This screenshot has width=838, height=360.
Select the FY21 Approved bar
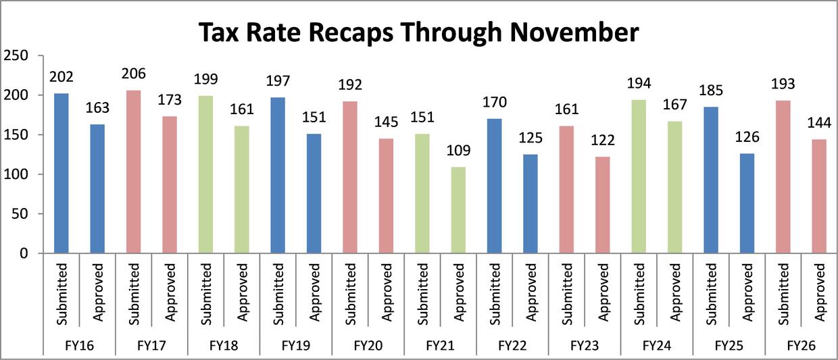click(458, 210)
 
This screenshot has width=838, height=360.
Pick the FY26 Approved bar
click(818, 197)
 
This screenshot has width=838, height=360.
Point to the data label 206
click(133, 74)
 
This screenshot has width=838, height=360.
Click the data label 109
click(458, 151)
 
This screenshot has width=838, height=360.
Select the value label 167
click(674, 105)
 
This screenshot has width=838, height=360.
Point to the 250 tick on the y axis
click(17, 55)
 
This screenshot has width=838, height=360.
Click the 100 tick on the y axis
click(17, 174)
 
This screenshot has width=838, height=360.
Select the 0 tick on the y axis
click(23, 254)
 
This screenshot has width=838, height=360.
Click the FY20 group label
click(368, 345)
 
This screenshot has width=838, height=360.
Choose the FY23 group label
click(585, 345)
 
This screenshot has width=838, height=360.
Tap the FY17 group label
click(151, 345)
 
